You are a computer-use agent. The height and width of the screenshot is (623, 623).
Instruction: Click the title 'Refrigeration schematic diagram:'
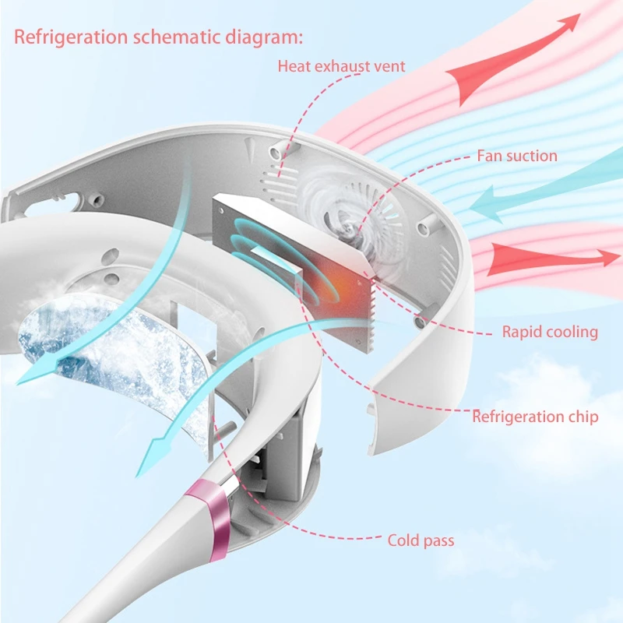click(159, 37)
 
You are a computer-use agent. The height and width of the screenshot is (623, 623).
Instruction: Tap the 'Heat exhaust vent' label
click(341, 66)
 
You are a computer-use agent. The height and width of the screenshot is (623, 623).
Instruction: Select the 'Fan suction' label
click(517, 156)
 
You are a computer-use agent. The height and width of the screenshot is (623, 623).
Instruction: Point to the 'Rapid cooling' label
click(550, 333)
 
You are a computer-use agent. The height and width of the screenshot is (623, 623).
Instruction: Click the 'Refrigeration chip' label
click(535, 417)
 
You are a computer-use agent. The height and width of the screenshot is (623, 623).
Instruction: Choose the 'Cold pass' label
click(421, 540)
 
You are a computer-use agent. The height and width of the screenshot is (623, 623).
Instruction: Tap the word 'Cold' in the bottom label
click(403, 540)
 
